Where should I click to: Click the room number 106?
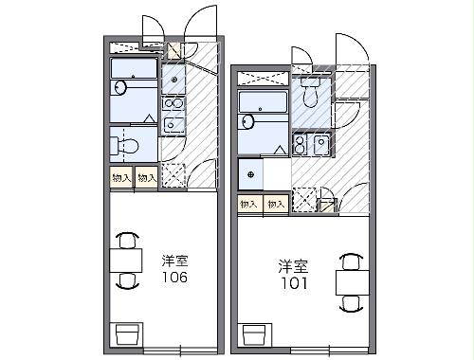(174, 277)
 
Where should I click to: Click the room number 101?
(294, 283)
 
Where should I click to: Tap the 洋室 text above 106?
(174, 261)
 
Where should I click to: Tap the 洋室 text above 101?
(293, 267)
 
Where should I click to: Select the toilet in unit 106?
(125, 146)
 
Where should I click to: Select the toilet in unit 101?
(311, 92)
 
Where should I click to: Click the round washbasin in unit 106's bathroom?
(120, 87)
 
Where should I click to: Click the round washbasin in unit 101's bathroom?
(248, 122)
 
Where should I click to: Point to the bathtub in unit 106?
(134, 68)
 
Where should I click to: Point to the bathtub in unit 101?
(263, 101)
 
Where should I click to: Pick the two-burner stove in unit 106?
(173, 104)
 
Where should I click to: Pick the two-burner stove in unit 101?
(301, 144)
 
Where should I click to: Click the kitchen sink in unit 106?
(173, 124)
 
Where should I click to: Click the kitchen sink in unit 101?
(321, 145)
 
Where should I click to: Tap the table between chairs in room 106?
(126, 261)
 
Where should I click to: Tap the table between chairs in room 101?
(353, 282)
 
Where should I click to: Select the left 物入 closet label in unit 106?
(121, 178)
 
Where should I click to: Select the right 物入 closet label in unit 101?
(276, 205)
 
